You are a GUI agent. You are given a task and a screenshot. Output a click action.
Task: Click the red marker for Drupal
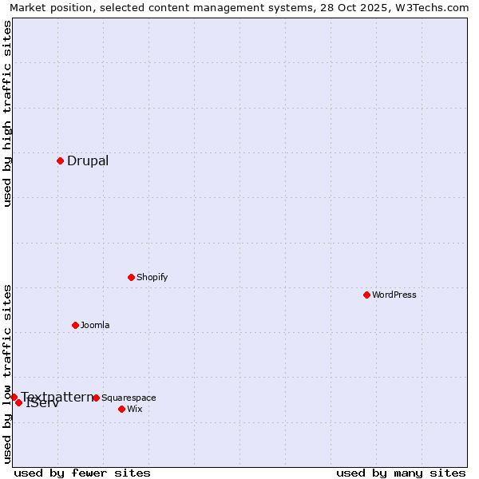tap(60, 161)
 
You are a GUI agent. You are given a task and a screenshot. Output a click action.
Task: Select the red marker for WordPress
tap(366, 295)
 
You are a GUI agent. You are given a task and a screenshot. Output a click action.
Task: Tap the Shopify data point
tap(131, 277)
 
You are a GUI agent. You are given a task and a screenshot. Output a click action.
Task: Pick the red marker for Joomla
tap(75, 325)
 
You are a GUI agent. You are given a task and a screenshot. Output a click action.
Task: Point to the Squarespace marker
tap(96, 398)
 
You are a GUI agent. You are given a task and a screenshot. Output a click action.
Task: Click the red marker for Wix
tap(121, 409)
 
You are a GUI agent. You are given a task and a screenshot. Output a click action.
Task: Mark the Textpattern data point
tap(14, 397)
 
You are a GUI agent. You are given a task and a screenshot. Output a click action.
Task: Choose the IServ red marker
tap(18, 402)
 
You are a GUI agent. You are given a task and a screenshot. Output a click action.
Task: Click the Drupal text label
tap(88, 161)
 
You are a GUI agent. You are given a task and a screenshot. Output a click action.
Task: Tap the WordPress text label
tap(394, 295)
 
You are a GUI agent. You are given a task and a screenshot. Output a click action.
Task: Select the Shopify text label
tap(152, 277)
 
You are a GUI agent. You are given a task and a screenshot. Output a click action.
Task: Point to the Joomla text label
tap(95, 325)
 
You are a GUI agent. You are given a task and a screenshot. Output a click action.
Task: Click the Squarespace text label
tap(129, 398)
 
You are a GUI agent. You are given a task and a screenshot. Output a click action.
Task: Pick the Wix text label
tap(134, 409)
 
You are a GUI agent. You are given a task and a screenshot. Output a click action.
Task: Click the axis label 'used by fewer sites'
tap(82, 473)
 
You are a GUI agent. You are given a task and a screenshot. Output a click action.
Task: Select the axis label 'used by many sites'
tap(401, 473)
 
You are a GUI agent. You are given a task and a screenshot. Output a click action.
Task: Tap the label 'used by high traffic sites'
tap(7, 113)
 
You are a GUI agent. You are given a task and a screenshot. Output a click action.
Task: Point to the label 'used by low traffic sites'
tap(7, 373)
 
